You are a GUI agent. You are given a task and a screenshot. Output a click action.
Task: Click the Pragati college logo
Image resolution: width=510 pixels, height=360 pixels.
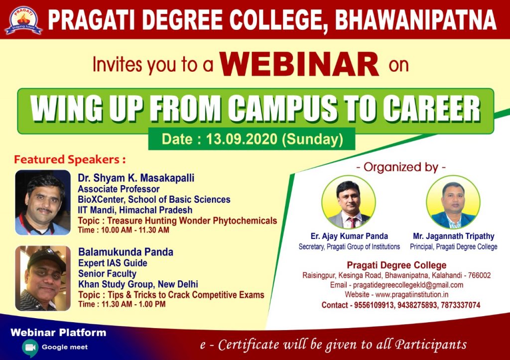tap(23, 20)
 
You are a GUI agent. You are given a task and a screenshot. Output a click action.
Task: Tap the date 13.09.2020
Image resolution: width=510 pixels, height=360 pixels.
tap(242, 139)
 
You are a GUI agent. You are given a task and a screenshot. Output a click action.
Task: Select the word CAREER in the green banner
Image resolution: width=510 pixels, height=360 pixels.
tap(431, 109)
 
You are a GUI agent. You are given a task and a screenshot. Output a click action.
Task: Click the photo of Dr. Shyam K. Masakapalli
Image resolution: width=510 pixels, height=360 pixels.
tap(43, 202)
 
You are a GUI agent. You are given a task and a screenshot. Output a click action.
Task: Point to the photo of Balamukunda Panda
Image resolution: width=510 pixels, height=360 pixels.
tap(43, 278)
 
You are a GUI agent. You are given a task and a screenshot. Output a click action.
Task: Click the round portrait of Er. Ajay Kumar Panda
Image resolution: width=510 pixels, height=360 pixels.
tap(349, 202)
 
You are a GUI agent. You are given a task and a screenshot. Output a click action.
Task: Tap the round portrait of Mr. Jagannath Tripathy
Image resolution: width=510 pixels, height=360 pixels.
tap(453, 202)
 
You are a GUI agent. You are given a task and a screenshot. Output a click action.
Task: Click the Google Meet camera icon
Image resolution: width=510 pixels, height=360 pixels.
tap(30, 348)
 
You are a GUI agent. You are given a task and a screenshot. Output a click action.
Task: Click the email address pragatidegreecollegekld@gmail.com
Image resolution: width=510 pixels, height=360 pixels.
tap(408, 285)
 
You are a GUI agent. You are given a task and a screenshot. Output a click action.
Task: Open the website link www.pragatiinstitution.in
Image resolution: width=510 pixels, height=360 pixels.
tap(412, 295)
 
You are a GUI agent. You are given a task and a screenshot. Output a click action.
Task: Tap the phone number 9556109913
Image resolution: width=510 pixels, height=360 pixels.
tap(374, 305)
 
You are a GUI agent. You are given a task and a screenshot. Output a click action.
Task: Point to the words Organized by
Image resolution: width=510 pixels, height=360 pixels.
tap(401, 167)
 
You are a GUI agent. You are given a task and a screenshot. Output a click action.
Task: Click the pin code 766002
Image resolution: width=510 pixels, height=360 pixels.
tap(480, 275)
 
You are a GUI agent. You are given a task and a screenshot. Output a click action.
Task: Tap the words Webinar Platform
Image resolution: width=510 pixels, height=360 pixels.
tap(58, 332)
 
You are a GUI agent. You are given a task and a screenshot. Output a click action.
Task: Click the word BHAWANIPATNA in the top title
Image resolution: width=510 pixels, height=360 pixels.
tap(415, 20)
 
